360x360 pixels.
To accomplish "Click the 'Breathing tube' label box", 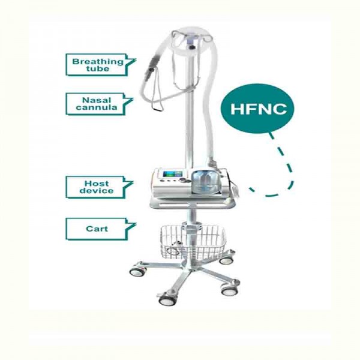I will pos(97,64).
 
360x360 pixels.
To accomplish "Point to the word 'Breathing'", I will pos(98,61).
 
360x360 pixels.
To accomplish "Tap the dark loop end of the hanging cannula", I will pos(158,106).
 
